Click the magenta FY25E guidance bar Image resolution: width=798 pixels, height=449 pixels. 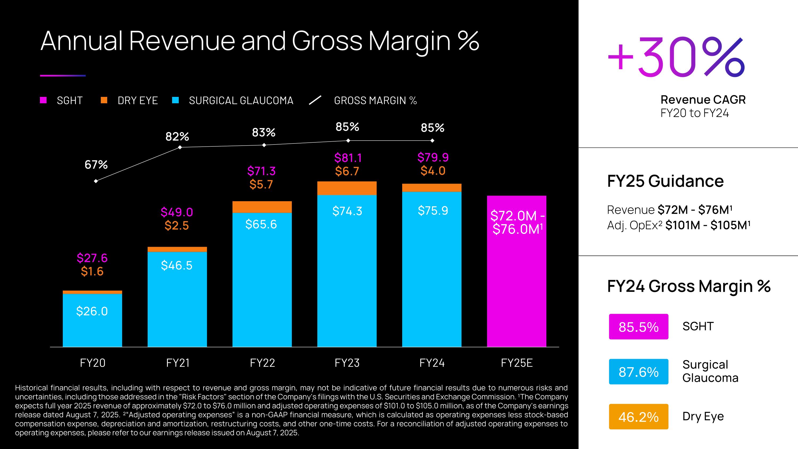coord(516,279)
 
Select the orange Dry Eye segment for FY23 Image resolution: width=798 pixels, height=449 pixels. coord(347,188)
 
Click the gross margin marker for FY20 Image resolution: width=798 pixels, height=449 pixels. coord(96,181)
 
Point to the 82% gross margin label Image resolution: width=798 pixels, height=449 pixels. coord(177,136)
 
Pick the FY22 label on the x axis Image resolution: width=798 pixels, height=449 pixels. coord(262,363)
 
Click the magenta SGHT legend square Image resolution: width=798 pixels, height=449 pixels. coord(43,100)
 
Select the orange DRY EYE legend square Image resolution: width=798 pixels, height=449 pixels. coord(104,100)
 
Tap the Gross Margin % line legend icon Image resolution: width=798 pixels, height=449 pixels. coord(315,100)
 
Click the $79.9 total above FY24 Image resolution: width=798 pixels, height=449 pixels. coord(433,157)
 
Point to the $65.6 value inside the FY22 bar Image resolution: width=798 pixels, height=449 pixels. coord(261,224)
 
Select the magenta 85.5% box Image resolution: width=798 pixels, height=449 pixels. coord(638,327)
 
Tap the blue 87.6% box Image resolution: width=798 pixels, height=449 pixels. coord(638,372)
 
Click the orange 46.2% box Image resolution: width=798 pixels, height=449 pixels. coord(638,417)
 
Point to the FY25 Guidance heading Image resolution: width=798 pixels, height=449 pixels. coord(665,181)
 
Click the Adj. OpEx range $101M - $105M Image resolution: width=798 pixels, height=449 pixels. coord(708,225)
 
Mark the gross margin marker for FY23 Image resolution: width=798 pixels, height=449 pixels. coord(348,140)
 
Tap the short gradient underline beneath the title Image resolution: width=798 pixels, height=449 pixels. coord(63,75)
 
